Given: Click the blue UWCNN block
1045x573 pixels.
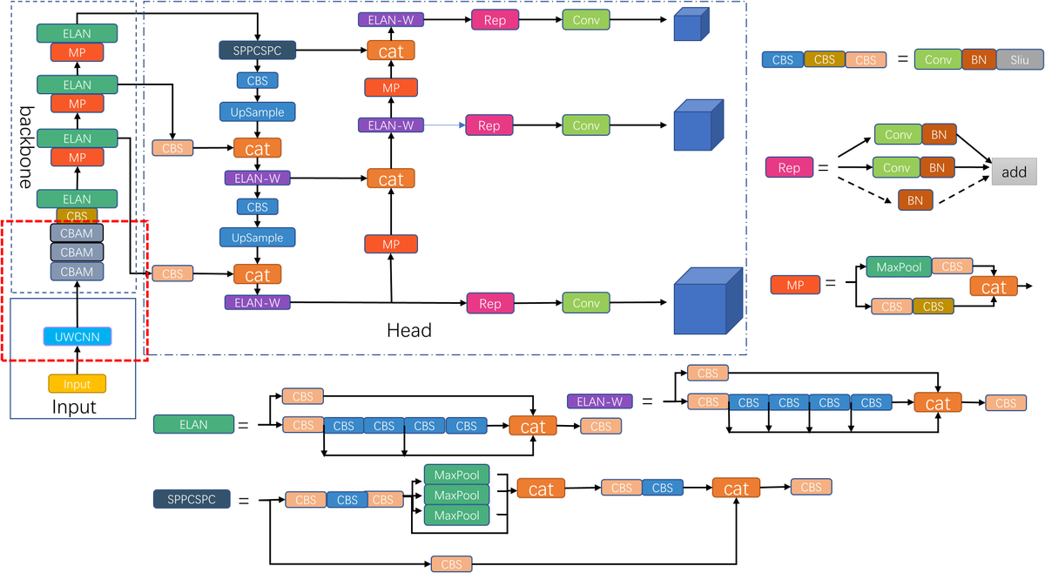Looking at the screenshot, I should click(x=77, y=336).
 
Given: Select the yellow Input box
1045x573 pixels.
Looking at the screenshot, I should click(x=77, y=383).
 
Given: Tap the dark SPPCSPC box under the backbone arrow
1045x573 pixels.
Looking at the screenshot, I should click(x=257, y=51).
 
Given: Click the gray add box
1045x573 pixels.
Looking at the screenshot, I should click(x=1014, y=172).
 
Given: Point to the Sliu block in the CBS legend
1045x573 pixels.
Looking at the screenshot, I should click(x=1015, y=59).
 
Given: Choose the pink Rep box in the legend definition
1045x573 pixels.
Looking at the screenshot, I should click(x=789, y=167).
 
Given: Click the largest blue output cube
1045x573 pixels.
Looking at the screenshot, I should click(x=706, y=301).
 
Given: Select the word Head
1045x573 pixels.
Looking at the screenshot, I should click(x=408, y=330).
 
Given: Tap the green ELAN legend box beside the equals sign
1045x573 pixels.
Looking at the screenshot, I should click(x=193, y=424).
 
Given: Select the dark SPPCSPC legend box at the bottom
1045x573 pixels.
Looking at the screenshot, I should click(x=192, y=500).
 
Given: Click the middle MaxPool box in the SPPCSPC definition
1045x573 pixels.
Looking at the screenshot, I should click(x=456, y=495).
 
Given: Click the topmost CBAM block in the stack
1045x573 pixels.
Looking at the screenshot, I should click(x=77, y=233).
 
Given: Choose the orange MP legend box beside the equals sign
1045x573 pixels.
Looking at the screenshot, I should click(x=794, y=284).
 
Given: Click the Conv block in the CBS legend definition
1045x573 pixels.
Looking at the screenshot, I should click(x=938, y=59).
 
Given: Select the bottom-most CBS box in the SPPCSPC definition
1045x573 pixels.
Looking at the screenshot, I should click(x=451, y=563).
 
